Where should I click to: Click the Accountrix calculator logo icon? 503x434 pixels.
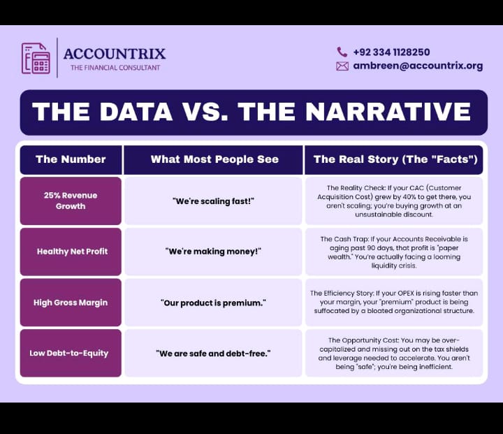click(36, 58)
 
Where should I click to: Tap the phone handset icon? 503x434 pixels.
click(342, 52)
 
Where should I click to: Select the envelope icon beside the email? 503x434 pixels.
click(342, 66)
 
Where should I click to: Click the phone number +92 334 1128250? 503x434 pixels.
click(391, 52)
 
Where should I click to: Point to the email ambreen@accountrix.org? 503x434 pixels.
click(418, 66)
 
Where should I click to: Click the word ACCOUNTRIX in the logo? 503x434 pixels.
click(115, 54)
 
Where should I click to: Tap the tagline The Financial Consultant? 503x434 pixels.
click(115, 68)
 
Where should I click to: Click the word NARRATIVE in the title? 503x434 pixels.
click(388, 112)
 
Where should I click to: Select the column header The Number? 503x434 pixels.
click(71, 159)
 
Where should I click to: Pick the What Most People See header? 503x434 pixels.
click(214, 159)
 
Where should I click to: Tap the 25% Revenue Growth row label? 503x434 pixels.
click(71, 201)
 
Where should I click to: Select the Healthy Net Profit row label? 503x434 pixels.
click(72, 252)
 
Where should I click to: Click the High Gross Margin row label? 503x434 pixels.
click(71, 303)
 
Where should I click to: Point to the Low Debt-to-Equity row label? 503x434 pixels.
click(69, 353)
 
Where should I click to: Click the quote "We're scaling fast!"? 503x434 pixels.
click(213, 201)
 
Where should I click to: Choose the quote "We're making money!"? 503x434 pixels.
click(213, 252)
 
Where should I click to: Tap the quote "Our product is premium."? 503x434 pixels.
click(213, 303)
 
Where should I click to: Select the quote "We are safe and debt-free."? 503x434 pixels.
click(213, 354)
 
